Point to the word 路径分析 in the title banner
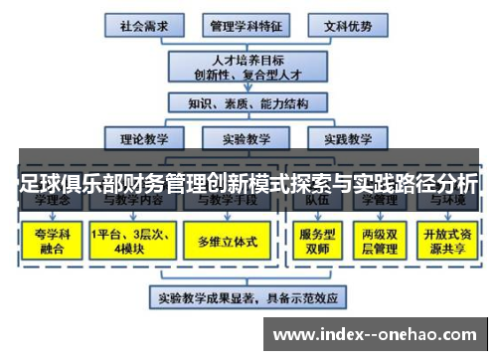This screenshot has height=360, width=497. tap(431, 184)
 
